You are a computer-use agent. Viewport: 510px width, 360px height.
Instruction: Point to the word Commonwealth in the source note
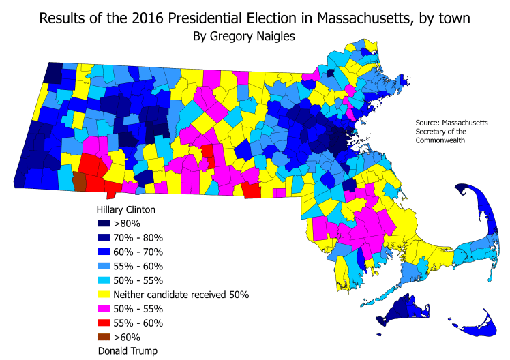442,140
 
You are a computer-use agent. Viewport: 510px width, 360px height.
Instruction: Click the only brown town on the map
79,181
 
